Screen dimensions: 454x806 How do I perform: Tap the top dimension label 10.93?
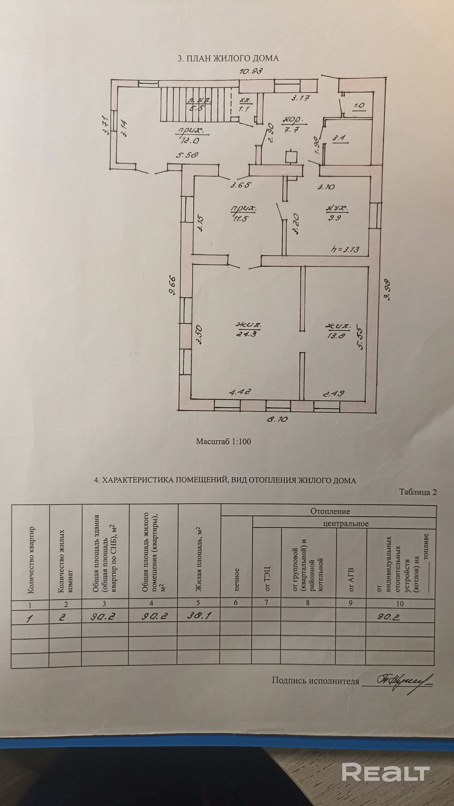(251, 71)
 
